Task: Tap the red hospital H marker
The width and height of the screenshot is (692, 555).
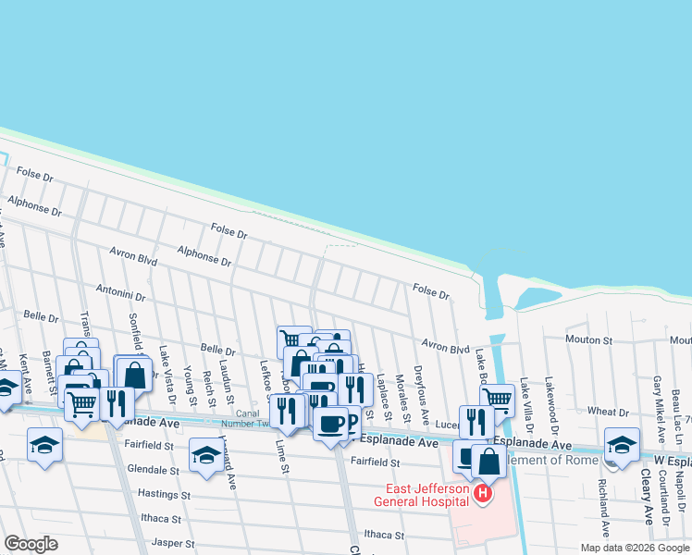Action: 481,495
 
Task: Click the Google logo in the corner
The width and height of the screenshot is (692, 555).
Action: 31,544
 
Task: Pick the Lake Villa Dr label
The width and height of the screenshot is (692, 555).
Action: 525,404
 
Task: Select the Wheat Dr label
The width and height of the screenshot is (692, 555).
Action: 608,411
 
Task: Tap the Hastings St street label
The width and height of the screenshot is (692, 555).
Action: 164,494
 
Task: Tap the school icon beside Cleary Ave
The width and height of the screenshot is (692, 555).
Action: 622,444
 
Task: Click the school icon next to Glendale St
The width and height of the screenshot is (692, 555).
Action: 205,454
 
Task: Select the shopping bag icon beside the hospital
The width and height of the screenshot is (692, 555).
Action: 488,462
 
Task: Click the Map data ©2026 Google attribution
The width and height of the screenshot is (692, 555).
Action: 634,548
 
